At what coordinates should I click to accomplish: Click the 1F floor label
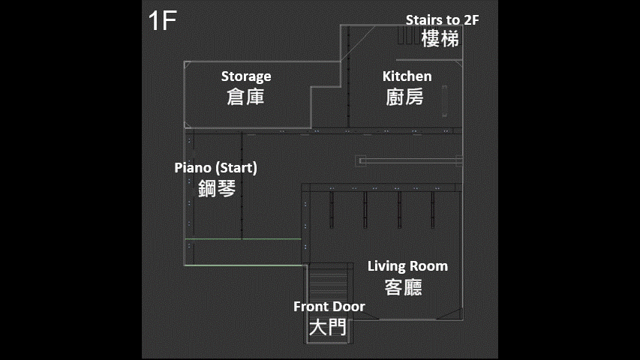[x=162, y=20]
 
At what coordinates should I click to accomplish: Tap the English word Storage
[x=246, y=76]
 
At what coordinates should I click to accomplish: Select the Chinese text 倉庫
[x=245, y=97]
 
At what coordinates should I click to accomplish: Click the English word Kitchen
[x=407, y=76]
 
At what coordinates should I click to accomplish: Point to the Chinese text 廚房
[x=404, y=97]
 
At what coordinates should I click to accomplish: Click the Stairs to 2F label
[x=442, y=20]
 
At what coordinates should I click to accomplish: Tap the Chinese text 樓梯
[x=440, y=39]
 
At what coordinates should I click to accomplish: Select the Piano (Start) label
[x=215, y=168]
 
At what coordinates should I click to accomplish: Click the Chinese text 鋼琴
[x=217, y=188]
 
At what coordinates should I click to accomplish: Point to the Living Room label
[x=407, y=266]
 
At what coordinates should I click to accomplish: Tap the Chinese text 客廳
[x=403, y=287]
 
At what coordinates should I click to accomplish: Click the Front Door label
[x=329, y=307]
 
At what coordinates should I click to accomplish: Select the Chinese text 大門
[x=328, y=327]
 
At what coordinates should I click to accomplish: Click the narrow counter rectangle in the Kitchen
[x=444, y=100]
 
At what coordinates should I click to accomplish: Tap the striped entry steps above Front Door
[x=329, y=283]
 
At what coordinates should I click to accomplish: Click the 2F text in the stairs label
[x=471, y=20]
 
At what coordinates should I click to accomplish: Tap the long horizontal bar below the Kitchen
[x=409, y=160]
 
